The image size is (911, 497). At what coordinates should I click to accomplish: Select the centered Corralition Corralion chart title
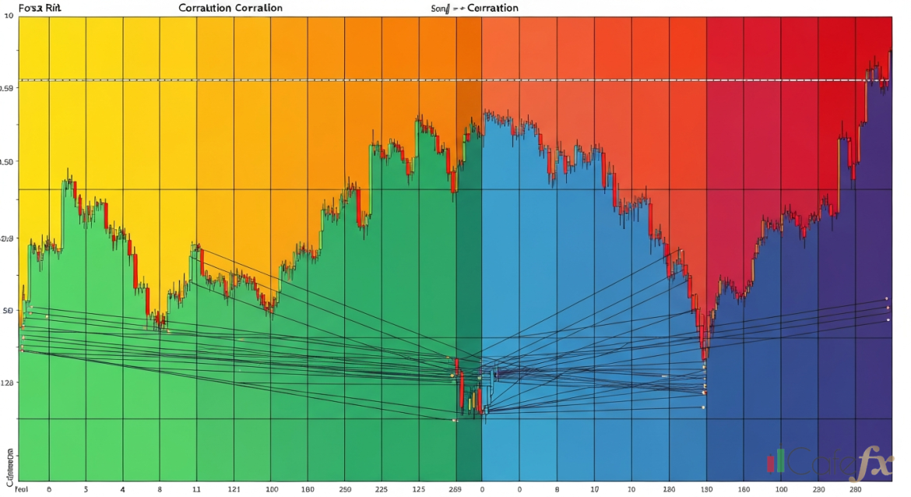tap(230, 8)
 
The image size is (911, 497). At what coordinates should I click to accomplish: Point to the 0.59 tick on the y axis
tap(8, 89)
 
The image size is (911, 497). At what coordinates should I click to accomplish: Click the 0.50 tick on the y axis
tap(8, 162)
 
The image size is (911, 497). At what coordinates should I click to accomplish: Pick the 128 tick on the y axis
tap(8, 383)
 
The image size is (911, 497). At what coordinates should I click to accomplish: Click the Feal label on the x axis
tap(10, 491)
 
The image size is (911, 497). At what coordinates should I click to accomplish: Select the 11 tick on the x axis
tap(197, 491)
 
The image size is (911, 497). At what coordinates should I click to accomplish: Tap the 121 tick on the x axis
tap(234, 491)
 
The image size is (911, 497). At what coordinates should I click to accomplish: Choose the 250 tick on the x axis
tap(346, 491)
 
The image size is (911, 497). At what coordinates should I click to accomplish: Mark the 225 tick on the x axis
tap(382, 491)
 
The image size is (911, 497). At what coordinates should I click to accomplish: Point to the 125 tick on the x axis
tap(419, 491)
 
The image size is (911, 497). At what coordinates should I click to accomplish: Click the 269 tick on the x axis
tap(456, 491)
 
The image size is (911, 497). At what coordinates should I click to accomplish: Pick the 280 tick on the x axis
tap(856, 491)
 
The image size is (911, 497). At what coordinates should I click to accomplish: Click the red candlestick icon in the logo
tap(771, 464)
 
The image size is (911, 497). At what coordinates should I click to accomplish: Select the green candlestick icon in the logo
tap(779, 460)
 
